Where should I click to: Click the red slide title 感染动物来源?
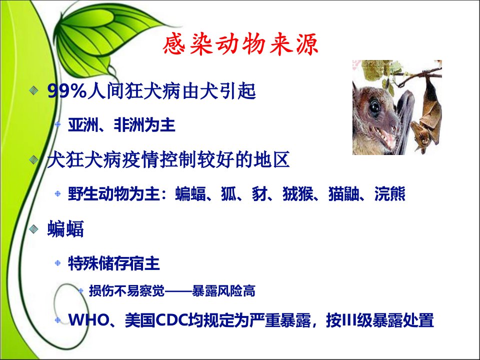point(240,44)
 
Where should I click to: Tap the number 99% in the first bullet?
point(67,91)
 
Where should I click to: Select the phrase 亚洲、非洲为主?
point(121,125)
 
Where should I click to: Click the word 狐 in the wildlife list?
point(228,193)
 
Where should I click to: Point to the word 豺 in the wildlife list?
point(259,193)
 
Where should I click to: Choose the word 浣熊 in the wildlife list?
point(389,193)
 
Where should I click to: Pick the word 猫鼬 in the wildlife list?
point(343,193)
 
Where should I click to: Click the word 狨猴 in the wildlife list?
point(297,193)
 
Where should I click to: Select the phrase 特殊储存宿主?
point(114,263)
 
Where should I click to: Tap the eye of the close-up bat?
point(374,106)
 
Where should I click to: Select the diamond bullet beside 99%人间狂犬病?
point(33,90)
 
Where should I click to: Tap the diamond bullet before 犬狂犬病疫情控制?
point(33,159)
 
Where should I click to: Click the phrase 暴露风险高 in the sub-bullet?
point(223,291)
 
